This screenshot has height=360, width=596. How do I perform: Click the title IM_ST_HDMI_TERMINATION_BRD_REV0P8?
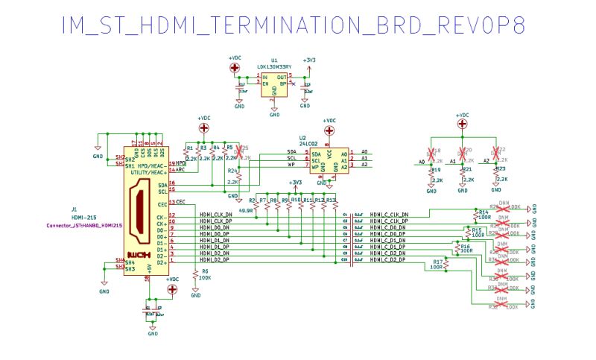tap(294, 25)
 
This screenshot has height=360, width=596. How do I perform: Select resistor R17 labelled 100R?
tap(449, 265)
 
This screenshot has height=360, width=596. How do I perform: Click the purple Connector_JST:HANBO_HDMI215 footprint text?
tap(84, 224)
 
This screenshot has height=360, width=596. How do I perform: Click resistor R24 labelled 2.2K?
tap(239, 176)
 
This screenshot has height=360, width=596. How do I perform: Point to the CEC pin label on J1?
tap(181, 202)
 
